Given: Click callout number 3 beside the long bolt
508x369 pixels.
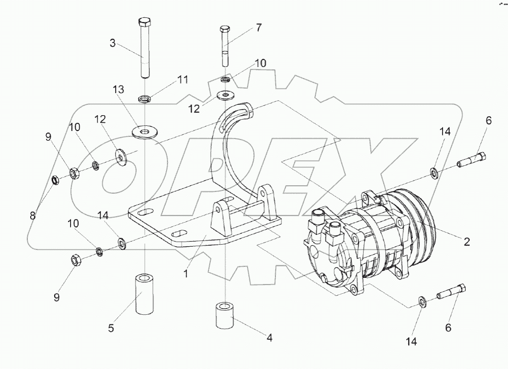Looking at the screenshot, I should click(113, 44).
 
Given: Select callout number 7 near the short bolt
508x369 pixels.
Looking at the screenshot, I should click(259, 28).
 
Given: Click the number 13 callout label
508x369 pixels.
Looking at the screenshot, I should click(119, 90).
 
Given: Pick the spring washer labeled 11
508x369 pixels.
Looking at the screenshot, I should click(144, 98).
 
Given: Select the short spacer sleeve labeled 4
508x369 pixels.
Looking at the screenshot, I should click(224, 316).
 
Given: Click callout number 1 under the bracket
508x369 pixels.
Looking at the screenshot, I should click(186, 274).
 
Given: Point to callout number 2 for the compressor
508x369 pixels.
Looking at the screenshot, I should click(467, 242).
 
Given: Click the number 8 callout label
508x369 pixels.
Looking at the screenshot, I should click(33, 215).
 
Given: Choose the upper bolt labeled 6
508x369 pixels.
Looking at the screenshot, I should click(472, 160).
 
